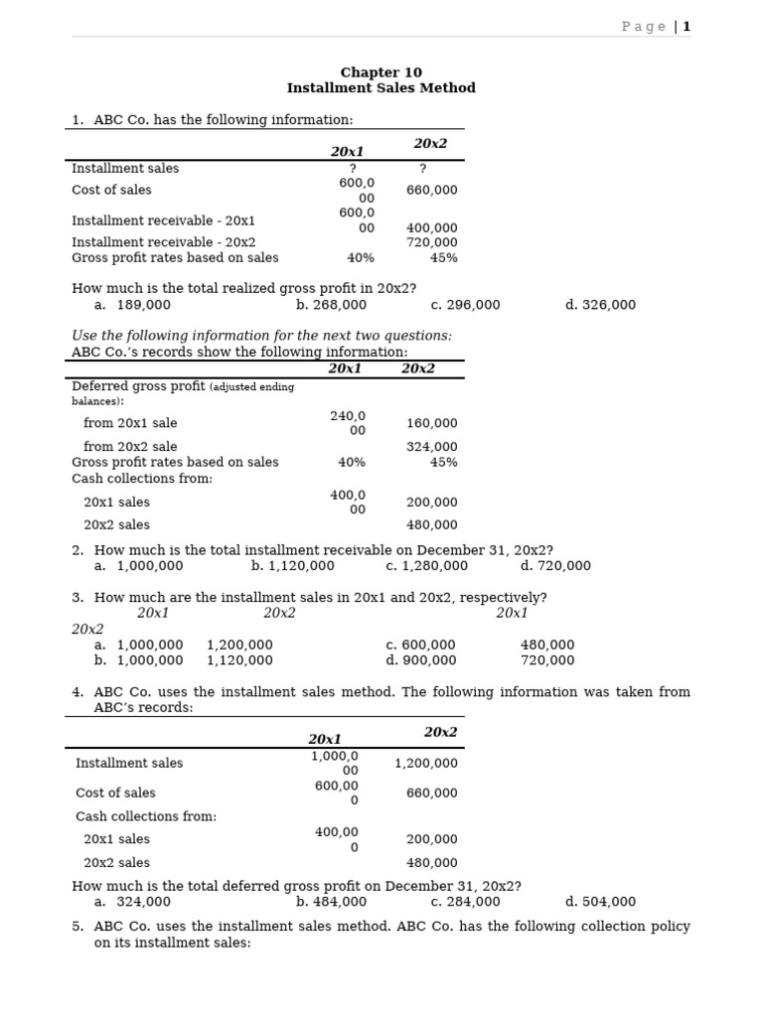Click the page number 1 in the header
point(687,27)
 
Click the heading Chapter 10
point(381,73)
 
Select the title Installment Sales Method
point(381,88)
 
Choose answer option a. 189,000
point(133,305)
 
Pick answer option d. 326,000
point(600,305)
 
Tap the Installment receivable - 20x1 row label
point(163,220)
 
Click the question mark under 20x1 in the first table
point(353,169)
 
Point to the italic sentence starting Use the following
point(261,336)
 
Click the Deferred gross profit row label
point(139,386)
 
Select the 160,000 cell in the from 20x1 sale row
point(431,423)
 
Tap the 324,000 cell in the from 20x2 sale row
point(431,447)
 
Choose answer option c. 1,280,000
point(426,566)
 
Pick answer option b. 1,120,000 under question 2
point(293,566)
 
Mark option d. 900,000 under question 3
point(421,660)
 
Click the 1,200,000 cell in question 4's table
point(426,764)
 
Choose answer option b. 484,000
point(331,902)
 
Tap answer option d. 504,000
point(600,902)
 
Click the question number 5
point(77,927)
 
